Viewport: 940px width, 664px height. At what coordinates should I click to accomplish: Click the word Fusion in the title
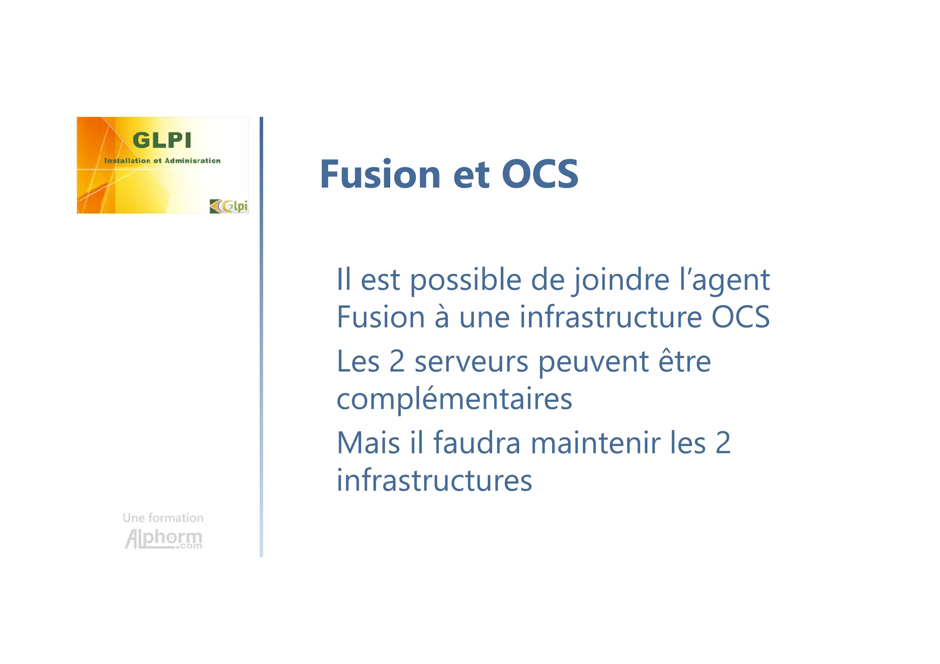pos(380,174)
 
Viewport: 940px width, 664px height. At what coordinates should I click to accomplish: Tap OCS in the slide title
pos(540,174)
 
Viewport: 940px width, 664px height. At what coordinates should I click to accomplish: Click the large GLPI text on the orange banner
pos(162,140)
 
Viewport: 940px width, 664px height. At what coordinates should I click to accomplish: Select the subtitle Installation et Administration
pos(162,161)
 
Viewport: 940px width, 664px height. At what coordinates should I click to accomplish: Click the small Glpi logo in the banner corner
pos(229,206)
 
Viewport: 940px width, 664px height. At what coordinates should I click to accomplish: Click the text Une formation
pos(163,518)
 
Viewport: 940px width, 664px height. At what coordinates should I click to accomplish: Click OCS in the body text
pos(740,317)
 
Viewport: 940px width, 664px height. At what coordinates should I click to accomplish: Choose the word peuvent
pos(593,363)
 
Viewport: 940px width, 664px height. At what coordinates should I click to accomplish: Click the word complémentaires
pos(454,399)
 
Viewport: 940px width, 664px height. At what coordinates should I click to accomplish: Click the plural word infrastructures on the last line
pos(434,480)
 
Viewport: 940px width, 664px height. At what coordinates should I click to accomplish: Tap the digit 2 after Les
pos(397,362)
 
